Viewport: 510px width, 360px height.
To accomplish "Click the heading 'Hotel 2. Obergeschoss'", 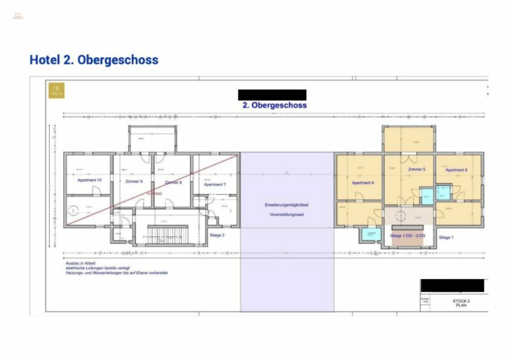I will pos(94,60).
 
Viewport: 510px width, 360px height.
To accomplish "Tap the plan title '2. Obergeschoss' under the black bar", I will pos(274,105).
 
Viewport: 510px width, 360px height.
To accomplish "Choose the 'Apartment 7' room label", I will pos(214,184).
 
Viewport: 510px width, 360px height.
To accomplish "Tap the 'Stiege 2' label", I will pos(217,234).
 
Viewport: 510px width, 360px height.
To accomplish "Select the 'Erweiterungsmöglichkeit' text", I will pos(287,205).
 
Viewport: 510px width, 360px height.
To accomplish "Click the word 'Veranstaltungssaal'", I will pos(287,215).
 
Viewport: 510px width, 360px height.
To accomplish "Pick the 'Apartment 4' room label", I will pos(363,183).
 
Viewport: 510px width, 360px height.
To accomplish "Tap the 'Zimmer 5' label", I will pos(416,170).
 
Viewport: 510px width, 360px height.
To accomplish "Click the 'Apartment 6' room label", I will pos(456,170).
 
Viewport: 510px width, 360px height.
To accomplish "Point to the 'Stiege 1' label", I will pos(446,237).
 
